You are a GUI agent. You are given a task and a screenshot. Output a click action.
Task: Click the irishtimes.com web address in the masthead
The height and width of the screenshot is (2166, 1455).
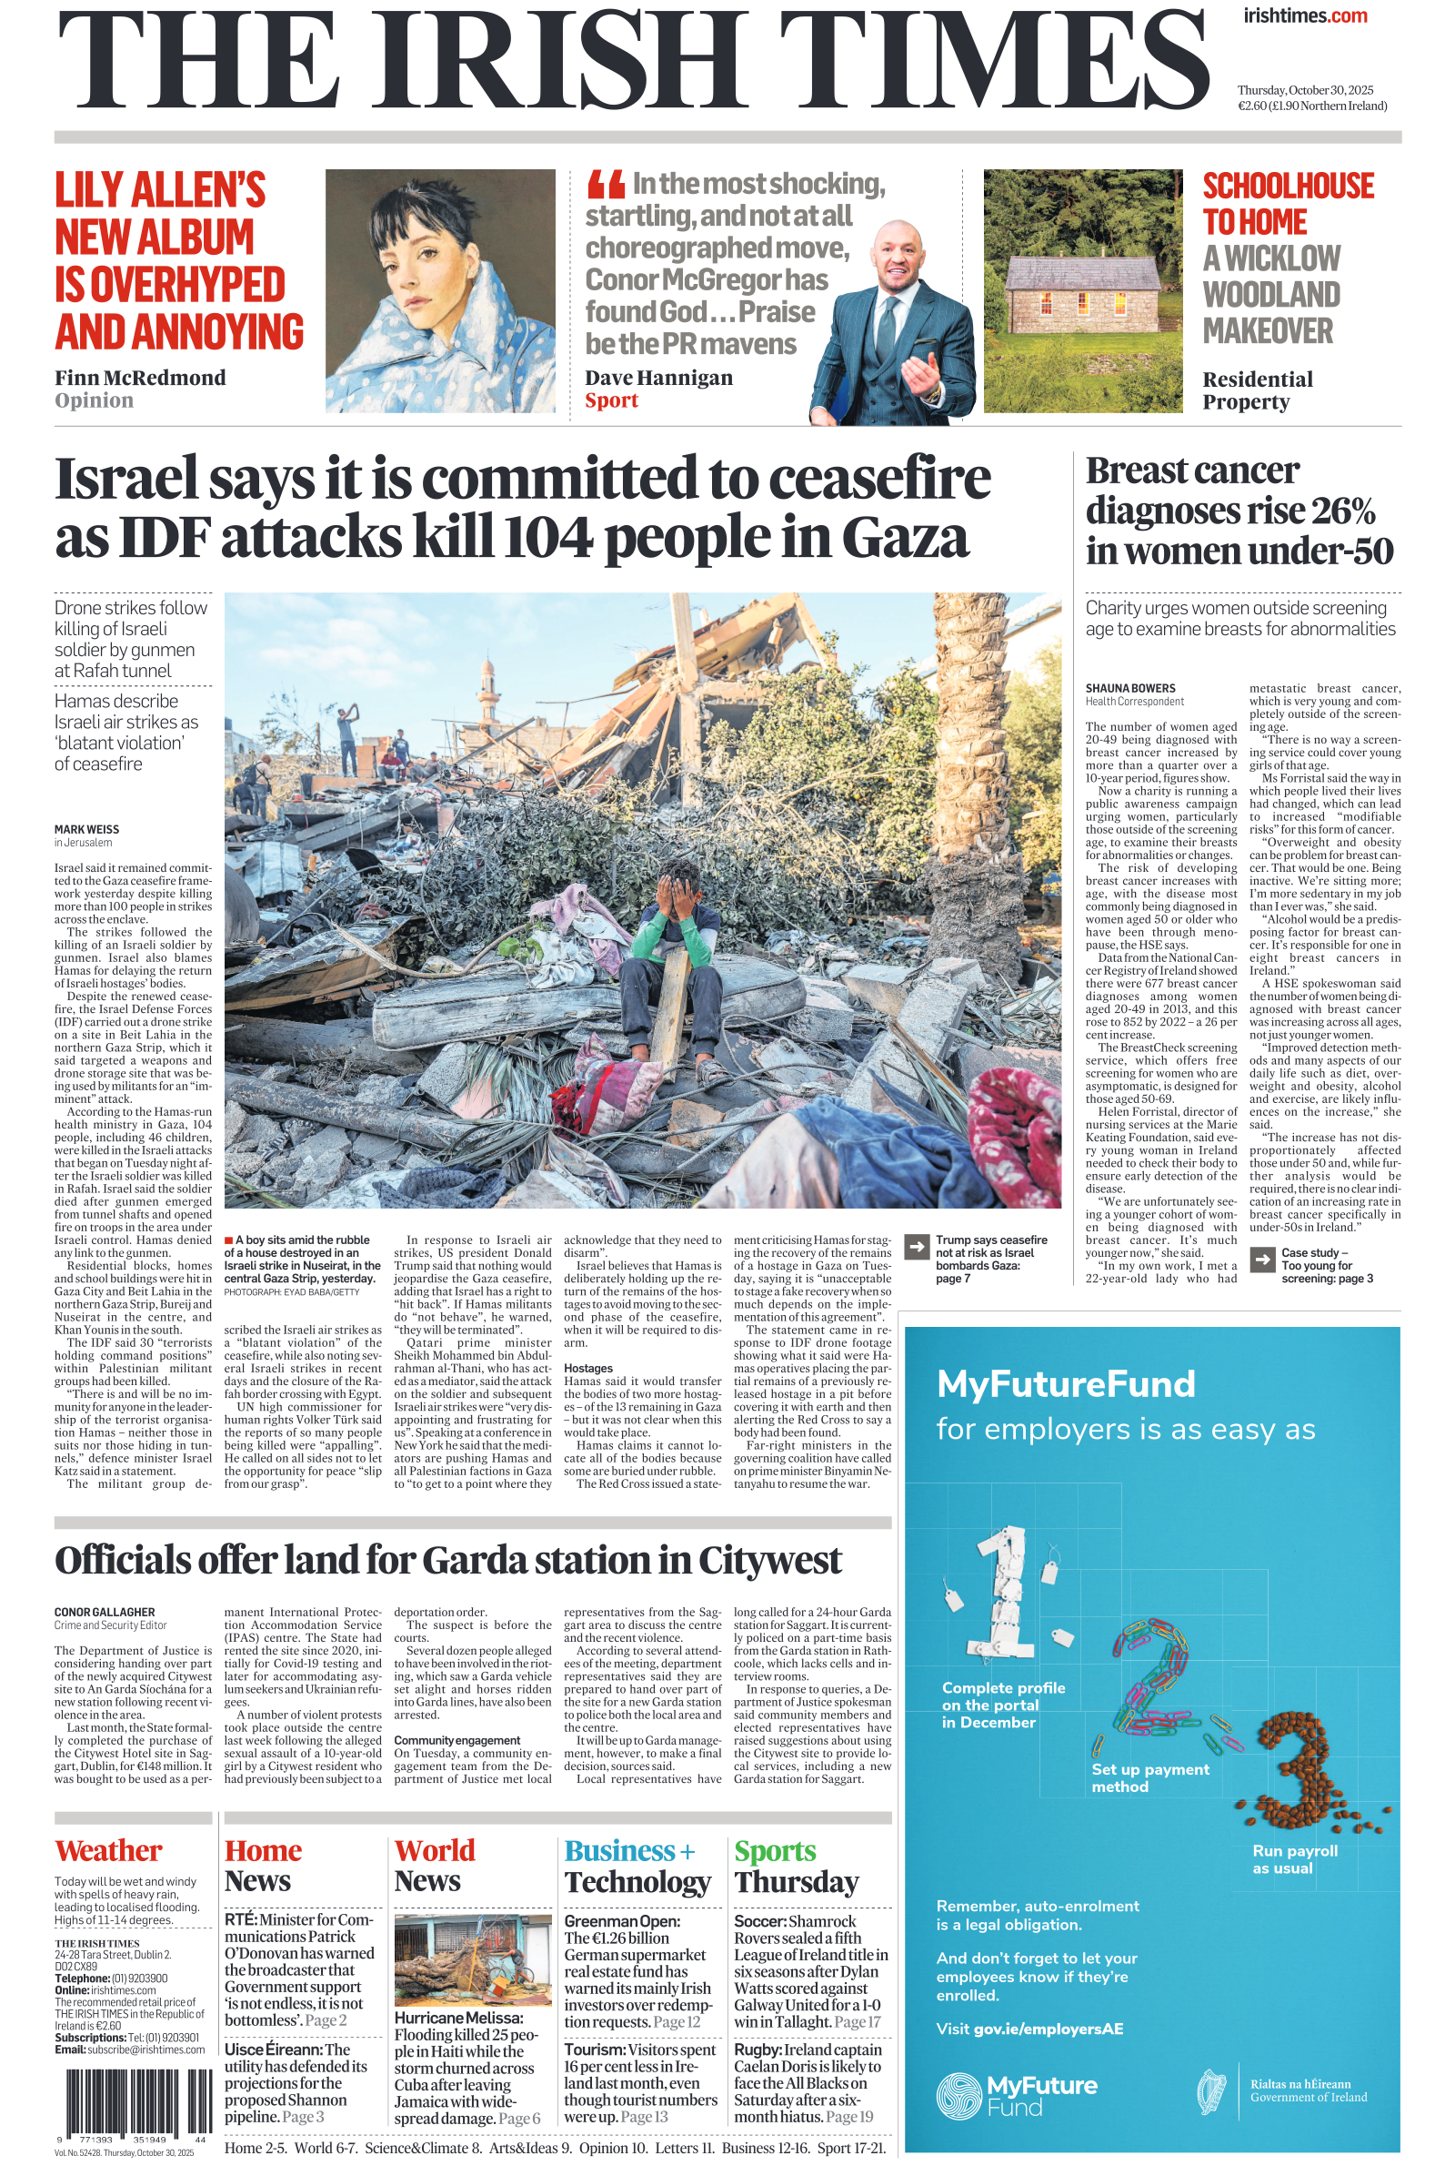pos(1305,15)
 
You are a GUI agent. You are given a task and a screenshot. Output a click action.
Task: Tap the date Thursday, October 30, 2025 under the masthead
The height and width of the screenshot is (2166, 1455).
pos(1305,90)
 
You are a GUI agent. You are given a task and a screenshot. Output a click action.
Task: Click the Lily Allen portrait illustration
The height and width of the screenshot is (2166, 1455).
pos(440,290)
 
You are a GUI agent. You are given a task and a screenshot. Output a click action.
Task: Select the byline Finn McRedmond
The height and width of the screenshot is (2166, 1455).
pos(140,378)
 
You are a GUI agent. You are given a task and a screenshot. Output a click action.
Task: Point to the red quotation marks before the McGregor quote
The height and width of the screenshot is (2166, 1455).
pos(605,186)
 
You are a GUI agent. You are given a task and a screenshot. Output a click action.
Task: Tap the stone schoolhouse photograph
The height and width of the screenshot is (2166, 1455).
pos(1083,290)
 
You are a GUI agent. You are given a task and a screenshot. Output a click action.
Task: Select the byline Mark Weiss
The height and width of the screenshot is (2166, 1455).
pos(86,829)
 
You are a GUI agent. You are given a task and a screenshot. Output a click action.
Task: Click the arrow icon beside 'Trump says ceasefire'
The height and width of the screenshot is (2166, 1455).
pos(916,1247)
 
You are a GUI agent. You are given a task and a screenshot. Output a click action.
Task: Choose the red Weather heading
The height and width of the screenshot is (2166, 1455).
pos(108,1849)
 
